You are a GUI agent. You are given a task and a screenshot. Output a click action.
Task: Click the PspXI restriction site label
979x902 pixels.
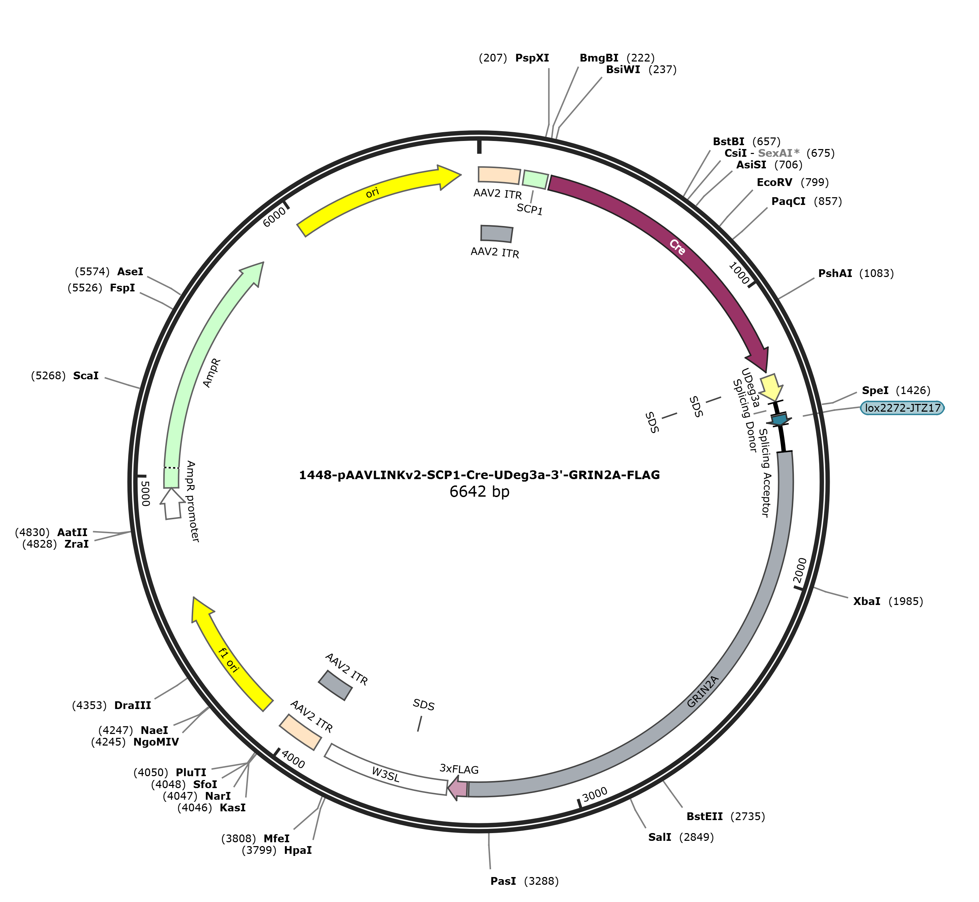532,58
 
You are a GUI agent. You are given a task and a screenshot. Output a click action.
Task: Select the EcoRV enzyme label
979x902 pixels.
775,182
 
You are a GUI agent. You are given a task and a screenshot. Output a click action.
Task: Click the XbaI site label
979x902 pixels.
867,601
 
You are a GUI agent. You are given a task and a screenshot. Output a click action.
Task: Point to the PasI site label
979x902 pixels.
503,881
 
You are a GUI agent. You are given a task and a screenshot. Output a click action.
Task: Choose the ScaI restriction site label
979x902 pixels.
86,376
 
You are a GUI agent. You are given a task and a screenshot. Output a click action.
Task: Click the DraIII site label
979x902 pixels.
133,705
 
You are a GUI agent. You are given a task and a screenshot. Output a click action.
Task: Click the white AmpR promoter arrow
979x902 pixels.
172,503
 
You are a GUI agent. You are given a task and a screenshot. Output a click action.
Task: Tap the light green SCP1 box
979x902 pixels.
535,180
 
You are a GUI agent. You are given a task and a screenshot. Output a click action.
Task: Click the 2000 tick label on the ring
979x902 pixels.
799,571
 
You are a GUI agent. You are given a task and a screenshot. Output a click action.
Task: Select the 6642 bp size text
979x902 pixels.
479,491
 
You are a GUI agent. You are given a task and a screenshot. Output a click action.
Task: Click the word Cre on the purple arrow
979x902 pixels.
677,247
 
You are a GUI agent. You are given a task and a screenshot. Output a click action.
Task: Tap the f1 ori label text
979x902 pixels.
228,660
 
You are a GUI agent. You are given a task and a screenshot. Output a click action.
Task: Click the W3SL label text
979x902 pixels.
385,774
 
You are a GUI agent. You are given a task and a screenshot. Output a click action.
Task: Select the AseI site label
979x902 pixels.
130,272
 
